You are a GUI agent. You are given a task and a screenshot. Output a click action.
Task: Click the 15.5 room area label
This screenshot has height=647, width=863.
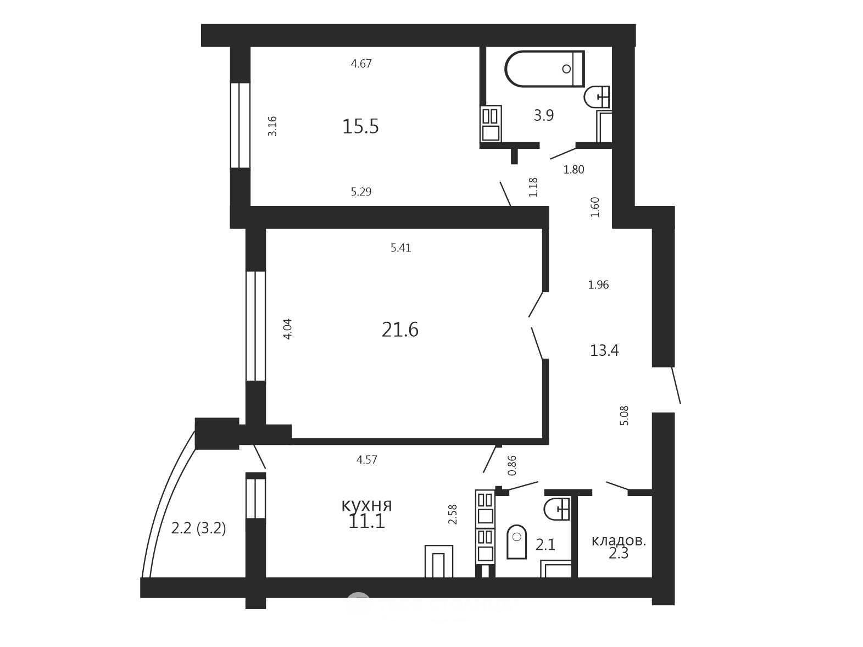[360, 126]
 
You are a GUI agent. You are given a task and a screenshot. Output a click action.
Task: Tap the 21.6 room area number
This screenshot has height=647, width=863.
[400, 330]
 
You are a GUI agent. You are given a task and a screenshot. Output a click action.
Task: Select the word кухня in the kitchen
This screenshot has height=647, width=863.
[366, 505]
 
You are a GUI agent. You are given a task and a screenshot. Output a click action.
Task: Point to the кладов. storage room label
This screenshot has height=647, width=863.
[619, 541]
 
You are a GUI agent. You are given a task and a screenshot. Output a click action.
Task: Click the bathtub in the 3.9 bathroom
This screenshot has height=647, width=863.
[544, 69]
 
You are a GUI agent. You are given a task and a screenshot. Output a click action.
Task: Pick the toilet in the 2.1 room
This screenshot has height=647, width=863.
[516, 542]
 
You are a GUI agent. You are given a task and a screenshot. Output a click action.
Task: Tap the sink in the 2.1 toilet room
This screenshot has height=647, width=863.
[557, 509]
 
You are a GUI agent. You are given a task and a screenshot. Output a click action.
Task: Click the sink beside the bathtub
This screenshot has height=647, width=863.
[597, 97]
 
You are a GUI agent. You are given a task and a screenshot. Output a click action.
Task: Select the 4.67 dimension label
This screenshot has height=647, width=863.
[361, 63]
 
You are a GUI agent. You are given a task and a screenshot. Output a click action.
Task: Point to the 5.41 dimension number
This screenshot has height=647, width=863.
[400, 248]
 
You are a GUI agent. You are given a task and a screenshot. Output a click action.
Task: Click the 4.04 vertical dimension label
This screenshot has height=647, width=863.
[288, 328]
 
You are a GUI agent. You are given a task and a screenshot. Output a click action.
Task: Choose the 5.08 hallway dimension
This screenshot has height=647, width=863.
[624, 415]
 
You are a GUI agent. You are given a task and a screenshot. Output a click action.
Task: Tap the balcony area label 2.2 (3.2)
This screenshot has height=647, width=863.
[198, 528]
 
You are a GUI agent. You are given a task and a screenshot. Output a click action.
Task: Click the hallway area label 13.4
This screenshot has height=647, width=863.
[604, 350]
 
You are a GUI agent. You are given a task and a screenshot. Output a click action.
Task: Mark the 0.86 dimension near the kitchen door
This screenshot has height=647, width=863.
[512, 465]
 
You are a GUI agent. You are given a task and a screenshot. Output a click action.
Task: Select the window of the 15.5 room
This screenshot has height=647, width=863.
[240, 125]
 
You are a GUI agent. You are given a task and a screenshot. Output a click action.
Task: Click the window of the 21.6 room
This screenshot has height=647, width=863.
[255, 326]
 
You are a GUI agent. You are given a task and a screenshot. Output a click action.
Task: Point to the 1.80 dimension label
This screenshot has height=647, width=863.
[574, 169]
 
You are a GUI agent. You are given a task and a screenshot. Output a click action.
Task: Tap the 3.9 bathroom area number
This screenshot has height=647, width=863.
[544, 115]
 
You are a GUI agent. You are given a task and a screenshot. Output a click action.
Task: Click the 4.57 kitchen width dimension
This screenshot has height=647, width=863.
[366, 460]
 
